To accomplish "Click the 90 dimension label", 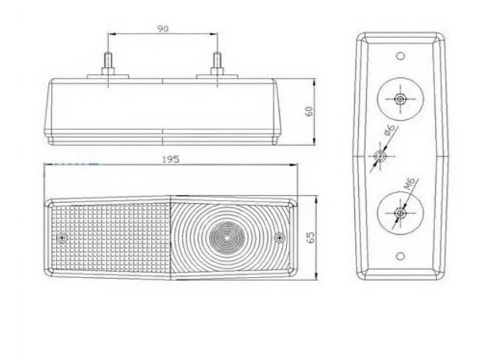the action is [x=163, y=29].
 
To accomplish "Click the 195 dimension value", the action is [x=171, y=159].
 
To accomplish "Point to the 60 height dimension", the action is [x=308, y=112].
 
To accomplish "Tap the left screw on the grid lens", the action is [x=62, y=238].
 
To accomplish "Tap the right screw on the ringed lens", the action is [x=280, y=238].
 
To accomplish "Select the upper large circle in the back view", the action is [x=400, y=98].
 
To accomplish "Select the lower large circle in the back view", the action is [x=400, y=213].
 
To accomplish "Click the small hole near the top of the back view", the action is [x=400, y=56].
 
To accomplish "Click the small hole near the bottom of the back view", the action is [x=400, y=256].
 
